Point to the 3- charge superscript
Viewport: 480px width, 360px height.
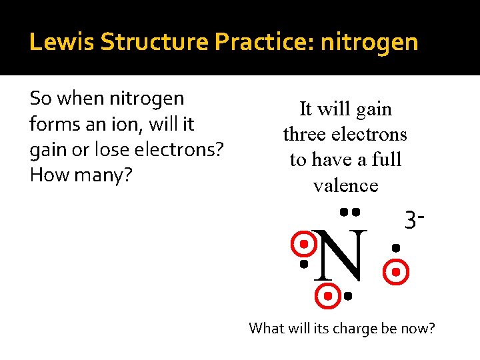(x=415, y=219)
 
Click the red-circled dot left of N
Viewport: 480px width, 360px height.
(x=303, y=244)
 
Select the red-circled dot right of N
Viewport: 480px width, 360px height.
(x=395, y=272)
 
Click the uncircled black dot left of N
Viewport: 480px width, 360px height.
(x=303, y=265)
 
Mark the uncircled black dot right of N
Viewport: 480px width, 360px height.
(x=395, y=248)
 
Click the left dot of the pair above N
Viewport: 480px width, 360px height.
(x=342, y=212)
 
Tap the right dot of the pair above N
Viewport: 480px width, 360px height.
(x=357, y=212)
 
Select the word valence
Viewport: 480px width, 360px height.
(x=345, y=185)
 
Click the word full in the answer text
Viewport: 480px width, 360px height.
(x=385, y=160)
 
